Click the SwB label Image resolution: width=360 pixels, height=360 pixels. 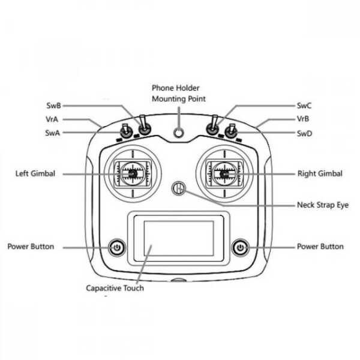(x=54, y=106)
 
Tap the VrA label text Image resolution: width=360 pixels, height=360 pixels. (x=52, y=119)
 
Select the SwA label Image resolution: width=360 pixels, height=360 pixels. (x=53, y=133)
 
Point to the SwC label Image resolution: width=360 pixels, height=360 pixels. (x=304, y=106)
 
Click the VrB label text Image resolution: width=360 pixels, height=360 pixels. (x=303, y=119)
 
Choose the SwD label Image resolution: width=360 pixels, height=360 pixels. (x=304, y=133)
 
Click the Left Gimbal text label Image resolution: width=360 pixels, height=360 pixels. (x=35, y=173)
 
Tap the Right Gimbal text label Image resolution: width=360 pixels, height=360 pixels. (x=320, y=173)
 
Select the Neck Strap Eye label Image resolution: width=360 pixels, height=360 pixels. (x=323, y=205)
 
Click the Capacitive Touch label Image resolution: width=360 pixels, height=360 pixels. (x=115, y=288)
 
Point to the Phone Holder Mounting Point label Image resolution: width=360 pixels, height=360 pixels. (x=179, y=93)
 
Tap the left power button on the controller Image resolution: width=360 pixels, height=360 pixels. (x=117, y=247)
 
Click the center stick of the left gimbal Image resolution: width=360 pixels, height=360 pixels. (x=133, y=174)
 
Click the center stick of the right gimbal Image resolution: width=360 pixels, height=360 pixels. (x=224, y=174)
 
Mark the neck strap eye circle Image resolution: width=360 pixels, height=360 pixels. (x=178, y=188)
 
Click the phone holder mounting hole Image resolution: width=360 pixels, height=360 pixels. (x=178, y=133)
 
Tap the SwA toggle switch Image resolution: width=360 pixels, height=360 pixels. (x=126, y=131)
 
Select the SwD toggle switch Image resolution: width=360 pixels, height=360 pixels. (x=231, y=131)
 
